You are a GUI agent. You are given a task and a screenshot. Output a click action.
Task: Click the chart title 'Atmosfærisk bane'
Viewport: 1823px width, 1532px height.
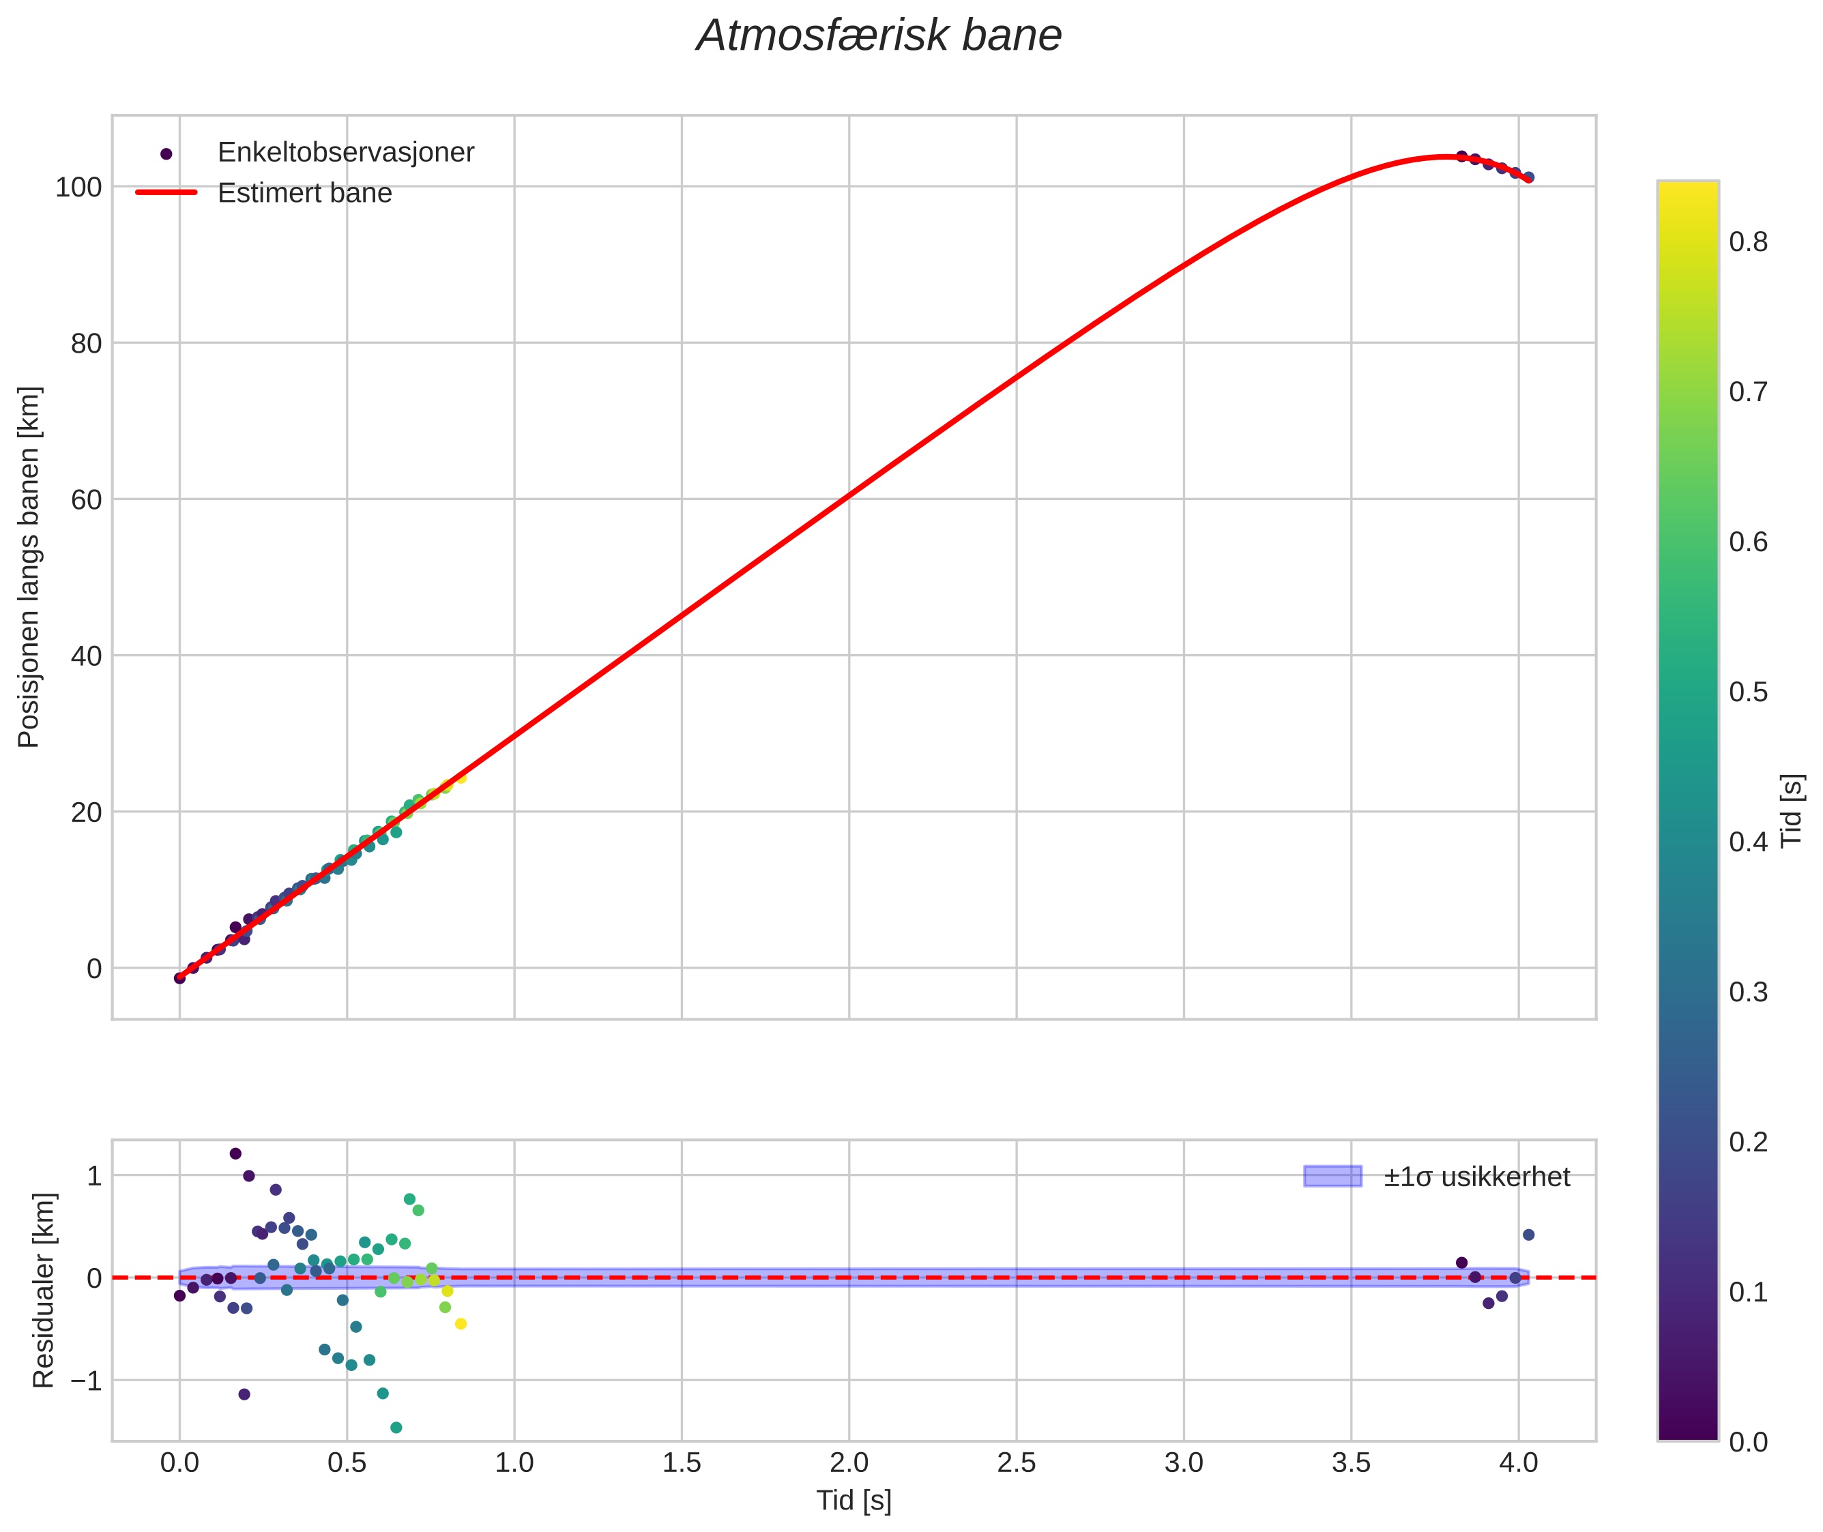point(878,36)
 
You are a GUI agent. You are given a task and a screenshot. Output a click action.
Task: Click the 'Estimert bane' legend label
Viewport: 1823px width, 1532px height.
point(304,193)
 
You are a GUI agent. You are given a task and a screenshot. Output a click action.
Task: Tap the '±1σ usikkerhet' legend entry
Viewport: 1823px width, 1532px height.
point(1476,1177)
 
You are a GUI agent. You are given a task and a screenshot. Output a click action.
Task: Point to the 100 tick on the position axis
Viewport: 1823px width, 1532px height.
point(78,187)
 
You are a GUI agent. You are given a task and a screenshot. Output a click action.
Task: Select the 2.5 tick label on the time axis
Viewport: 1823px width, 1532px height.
point(1016,1463)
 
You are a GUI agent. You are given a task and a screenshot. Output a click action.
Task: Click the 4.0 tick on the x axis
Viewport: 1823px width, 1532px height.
point(1518,1463)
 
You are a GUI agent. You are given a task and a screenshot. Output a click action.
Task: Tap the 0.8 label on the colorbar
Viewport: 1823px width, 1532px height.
point(1747,242)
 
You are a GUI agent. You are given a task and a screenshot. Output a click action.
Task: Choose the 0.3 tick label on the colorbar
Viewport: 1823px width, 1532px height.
point(1747,992)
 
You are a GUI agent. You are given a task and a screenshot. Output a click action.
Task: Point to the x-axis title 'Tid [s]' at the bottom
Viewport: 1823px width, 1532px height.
point(854,1501)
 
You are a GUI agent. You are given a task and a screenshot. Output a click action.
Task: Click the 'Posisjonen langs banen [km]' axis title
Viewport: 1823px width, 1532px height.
point(29,567)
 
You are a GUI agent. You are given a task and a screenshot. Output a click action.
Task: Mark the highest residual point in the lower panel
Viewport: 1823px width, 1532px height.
point(235,1153)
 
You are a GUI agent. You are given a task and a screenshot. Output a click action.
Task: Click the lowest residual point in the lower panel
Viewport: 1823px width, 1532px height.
point(396,1428)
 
